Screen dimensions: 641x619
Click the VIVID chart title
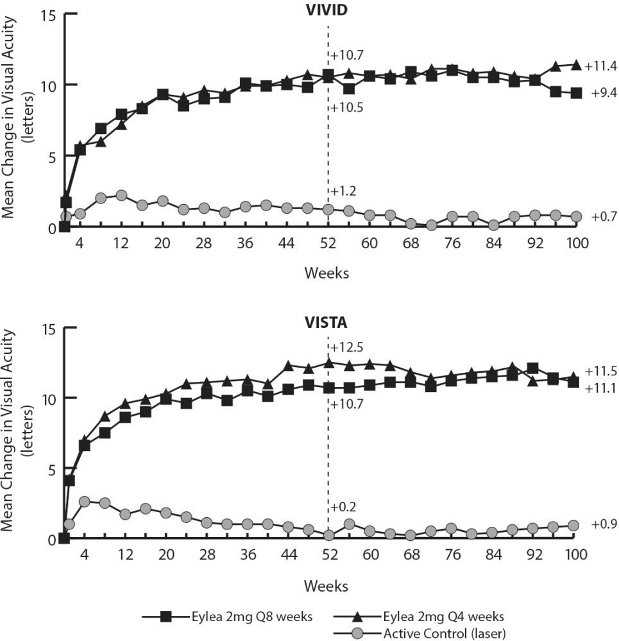(x=327, y=11)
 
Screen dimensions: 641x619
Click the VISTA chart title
(x=327, y=323)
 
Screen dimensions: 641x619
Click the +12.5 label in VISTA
(x=346, y=347)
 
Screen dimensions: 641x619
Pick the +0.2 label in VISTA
(x=344, y=507)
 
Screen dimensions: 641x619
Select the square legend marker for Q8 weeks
(x=166, y=617)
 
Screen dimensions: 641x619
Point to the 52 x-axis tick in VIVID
(x=328, y=243)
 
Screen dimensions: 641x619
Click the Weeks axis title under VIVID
(x=326, y=273)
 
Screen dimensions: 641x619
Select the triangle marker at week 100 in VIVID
(x=576, y=65)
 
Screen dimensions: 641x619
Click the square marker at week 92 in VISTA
(x=532, y=368)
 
